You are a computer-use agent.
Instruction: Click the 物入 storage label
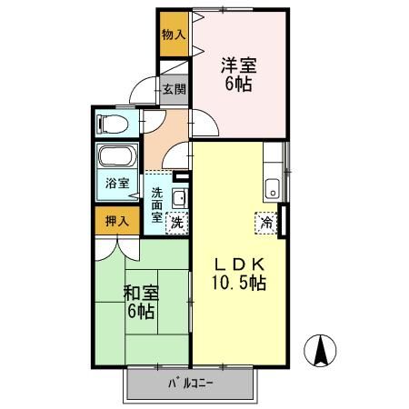click(x=173, y=35)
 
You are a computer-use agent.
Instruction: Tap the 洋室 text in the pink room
click(x=239, y=65)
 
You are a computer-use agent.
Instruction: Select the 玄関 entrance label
click(x=175, y=89)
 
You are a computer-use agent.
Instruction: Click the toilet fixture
click(x=116, y=123)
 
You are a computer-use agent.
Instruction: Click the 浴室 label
click(x=116, y=183)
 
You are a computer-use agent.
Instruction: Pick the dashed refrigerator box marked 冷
click(x=268, y=220)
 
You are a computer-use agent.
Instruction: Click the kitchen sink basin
click(x=272, y=191)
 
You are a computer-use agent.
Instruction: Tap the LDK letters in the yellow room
click(x=239, y=264)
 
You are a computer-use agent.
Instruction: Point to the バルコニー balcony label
click(x=190, y=384)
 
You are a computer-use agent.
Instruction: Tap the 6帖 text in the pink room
click(x=239, y=85)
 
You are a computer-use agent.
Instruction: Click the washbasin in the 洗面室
click(x=179, y=197)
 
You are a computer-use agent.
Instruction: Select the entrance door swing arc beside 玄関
click(x=143, y=92)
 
